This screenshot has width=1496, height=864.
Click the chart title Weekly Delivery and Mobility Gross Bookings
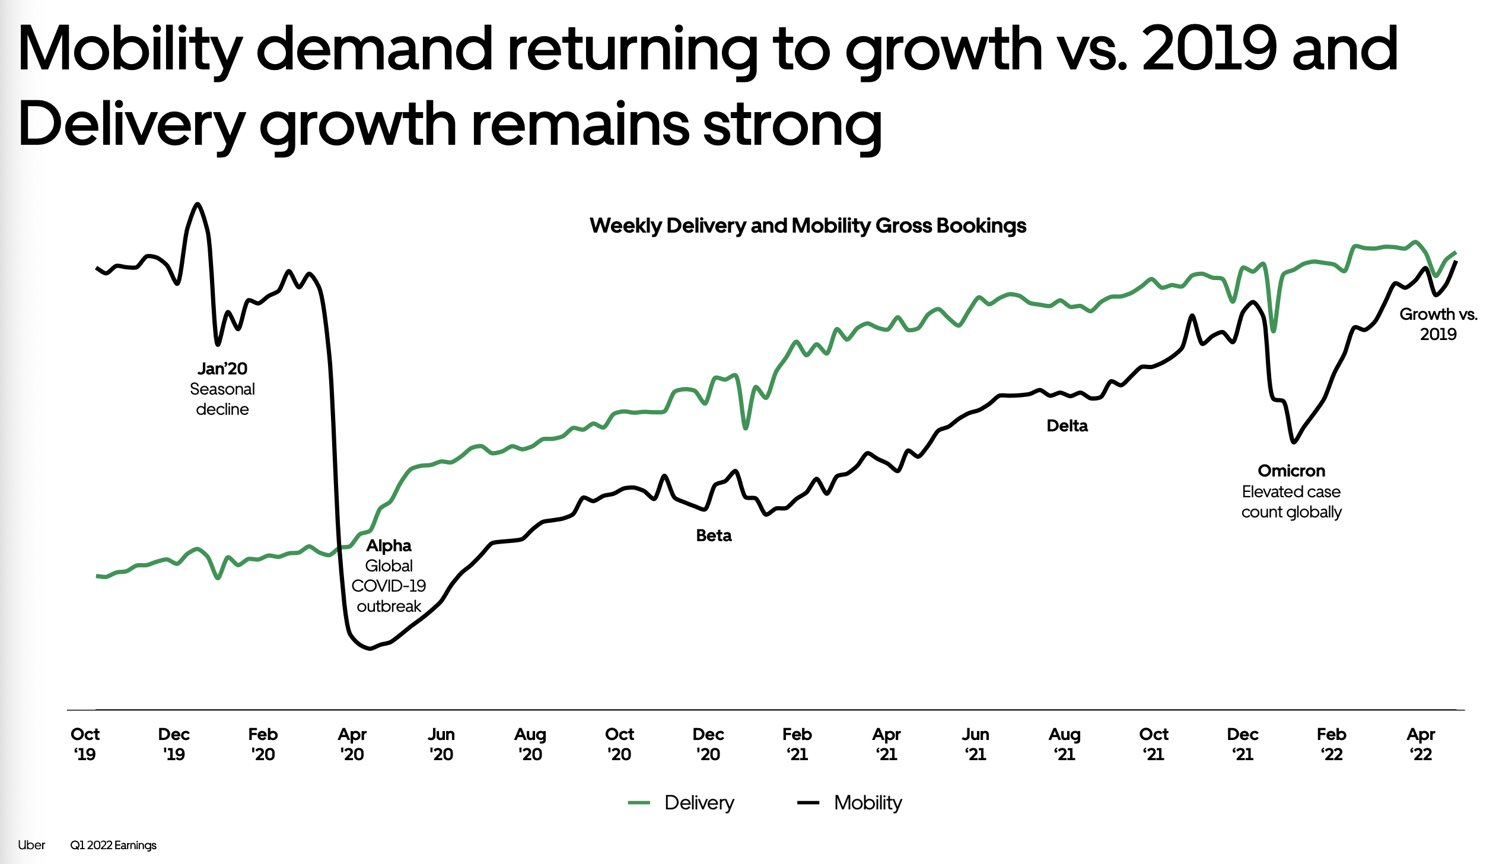[807, 225]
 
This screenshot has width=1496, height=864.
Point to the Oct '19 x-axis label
[85, 744]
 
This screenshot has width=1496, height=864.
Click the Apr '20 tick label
[352, 744]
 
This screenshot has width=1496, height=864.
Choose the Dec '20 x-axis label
[708, 744]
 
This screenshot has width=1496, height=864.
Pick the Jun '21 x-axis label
[975, 744]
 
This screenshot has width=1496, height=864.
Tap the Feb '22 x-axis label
[1331, 744]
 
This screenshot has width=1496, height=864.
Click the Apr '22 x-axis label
[1421, 744]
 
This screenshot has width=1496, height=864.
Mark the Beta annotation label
[714, 535]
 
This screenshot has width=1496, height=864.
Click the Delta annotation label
[1067, 425]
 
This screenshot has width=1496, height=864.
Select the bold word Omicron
[1291, 471]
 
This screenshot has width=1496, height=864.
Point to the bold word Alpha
[389, 545]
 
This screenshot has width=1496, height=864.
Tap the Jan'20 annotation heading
[222, 369]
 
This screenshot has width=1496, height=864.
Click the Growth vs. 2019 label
[1438, 324]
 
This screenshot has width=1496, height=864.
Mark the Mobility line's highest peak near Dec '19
[198, 204]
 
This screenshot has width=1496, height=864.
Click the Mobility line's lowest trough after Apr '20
[370, 649]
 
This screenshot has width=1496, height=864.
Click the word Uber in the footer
[31, 845]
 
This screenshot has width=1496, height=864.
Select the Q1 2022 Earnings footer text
[113, 845]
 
